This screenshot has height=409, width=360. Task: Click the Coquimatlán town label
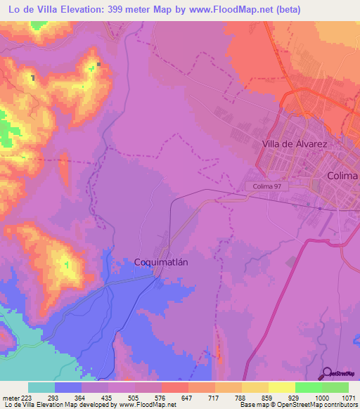point(162,262)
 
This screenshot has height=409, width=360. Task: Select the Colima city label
point(342,176)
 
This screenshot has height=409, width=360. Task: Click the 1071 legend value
point(347,397)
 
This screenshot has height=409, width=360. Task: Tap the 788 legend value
point(241,397)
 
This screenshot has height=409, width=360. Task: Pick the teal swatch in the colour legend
point(41,387)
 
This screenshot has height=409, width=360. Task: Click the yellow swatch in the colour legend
point(282,387)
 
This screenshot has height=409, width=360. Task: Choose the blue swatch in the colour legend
point(68,387)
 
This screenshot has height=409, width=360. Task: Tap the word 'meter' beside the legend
point(10,397)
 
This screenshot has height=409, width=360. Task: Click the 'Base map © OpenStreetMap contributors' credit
point(299,405)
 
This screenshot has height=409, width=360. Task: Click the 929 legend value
point(295,397)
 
